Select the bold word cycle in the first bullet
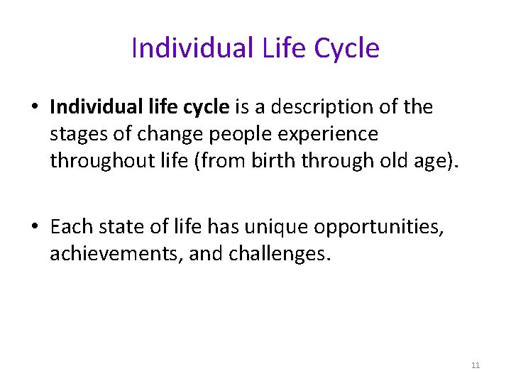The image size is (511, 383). tap(205, 107)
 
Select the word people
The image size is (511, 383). tap(221, 134)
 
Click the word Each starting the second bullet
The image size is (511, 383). tap(70, 226)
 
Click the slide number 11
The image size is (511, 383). tap(476, 365)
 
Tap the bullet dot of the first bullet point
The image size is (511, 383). tap(34, 108)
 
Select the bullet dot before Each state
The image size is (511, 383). tap(34, 227)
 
